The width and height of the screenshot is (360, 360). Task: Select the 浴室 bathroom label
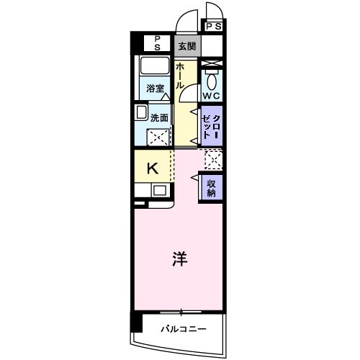(x=156, y=89)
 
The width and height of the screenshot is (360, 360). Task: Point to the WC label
(x=211, y=96)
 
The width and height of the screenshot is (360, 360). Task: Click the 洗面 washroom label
(x=159, y=117)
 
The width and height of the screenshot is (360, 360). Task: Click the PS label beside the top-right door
(x=214, y=27)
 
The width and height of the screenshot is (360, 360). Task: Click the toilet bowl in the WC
(x=212, y=79)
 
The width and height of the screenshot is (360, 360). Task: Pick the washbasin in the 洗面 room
(x=141, y=114)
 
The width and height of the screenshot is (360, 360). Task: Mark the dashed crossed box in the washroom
(x=159, y=137)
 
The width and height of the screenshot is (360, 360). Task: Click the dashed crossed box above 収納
(x=212, y=159)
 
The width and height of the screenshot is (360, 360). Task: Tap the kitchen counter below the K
(x=152, y=191)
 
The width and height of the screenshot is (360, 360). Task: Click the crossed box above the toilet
(x=212, y=64)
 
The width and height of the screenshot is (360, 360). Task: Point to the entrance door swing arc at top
(x=189, y=16)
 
